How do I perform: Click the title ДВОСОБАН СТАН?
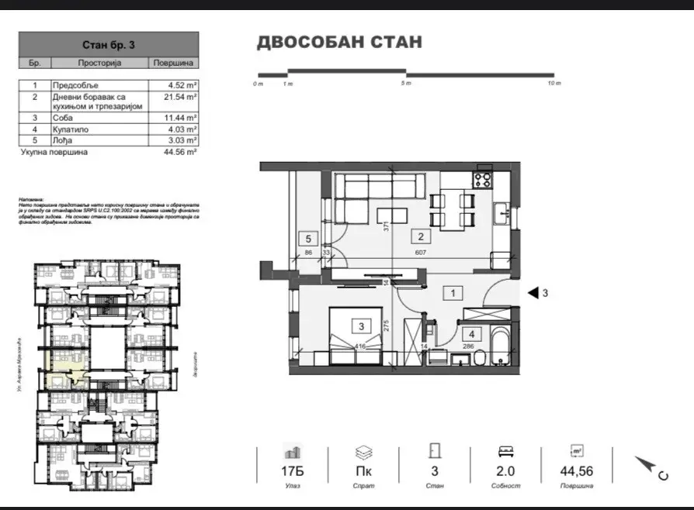coord(339,42)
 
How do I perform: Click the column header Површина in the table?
coord(175,62)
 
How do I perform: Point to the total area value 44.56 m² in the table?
coord(180,153)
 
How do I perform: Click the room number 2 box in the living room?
coord(421,237)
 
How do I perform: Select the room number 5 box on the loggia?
coord(307,239)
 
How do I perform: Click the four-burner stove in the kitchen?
coord(482,180)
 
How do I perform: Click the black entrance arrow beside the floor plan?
coord(534,293)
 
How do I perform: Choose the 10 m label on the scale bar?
coord(553,82)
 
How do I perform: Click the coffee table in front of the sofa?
coord(387,214)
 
